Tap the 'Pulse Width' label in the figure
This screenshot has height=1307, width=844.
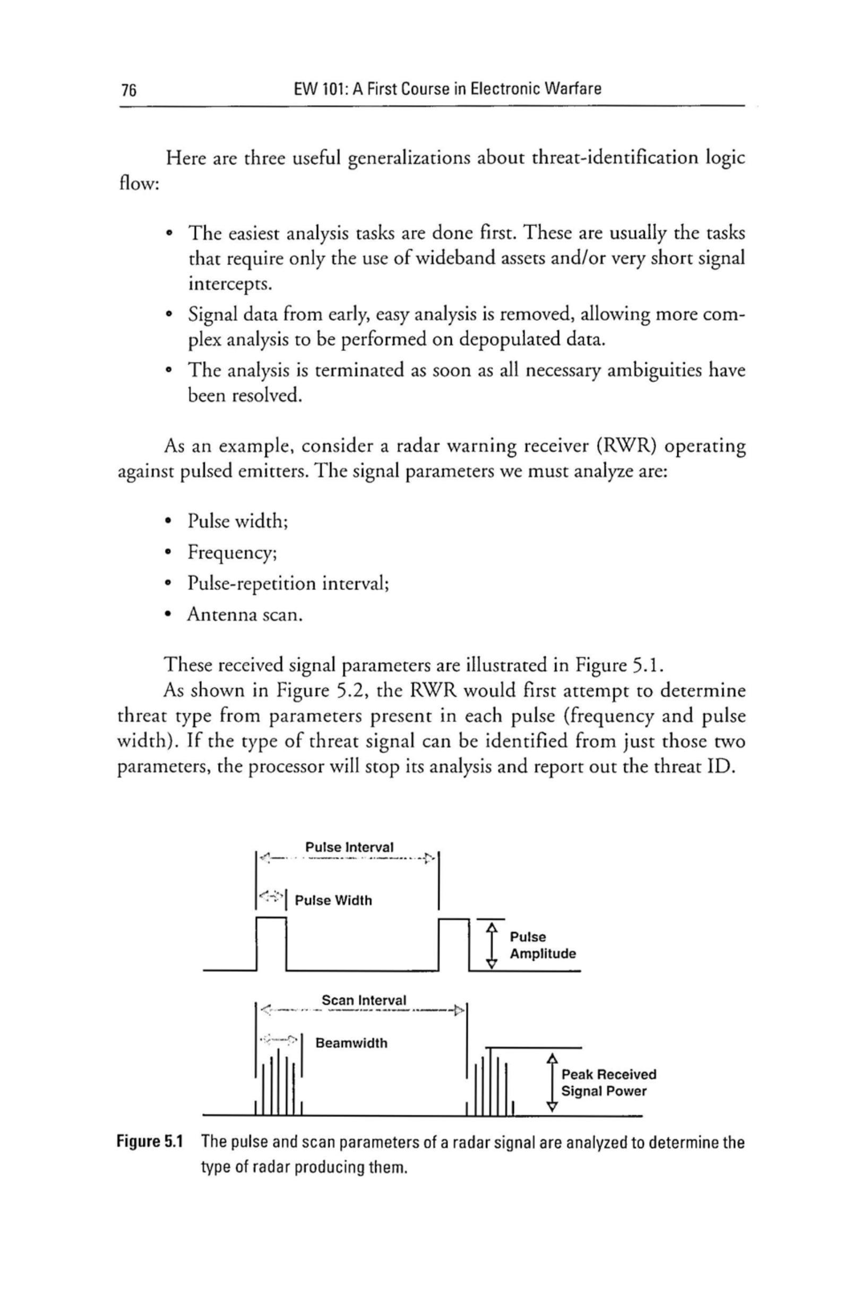coord(333,900)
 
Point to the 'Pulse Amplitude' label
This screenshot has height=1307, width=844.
coord(542,945)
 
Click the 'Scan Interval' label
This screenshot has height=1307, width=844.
coord(364,1000)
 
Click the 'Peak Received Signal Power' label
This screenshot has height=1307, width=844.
coord(608,1082)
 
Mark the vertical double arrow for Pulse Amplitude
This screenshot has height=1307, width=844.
coord(493,945)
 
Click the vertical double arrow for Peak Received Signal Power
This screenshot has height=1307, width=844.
coord(553,1082)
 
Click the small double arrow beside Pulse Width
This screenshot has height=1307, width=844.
coord(269,897)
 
